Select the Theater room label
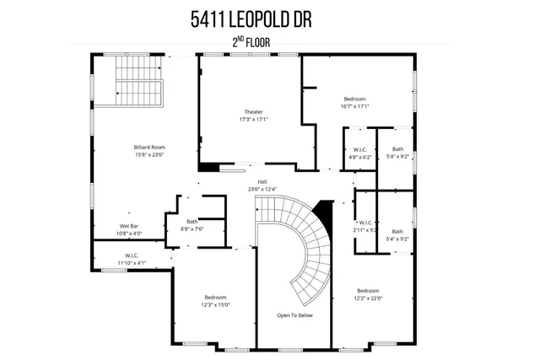click(x=253, y=112)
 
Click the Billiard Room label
click(x=148, y=147)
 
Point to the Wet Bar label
click(x=129, y=226)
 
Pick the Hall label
click(x=262, y=181)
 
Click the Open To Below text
click(x=294, y=315)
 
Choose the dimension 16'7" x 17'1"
click(x=356, y=106)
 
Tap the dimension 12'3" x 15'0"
click(x=216, y=304)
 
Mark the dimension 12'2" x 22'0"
click(x=369, y=297)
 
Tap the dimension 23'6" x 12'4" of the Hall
click(x=262, y=189)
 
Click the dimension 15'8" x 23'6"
click(x=148, y=154)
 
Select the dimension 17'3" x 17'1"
click(x=253, y=120)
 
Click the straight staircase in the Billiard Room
click(x=137, y=81)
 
